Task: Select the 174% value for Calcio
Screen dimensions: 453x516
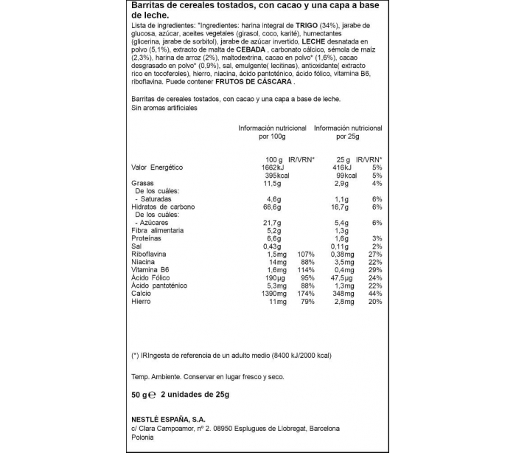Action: click(x=304, y=293)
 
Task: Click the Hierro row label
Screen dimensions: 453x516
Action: click(x=142, y=302)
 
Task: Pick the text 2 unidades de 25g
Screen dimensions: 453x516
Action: click(x=195, y=395)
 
